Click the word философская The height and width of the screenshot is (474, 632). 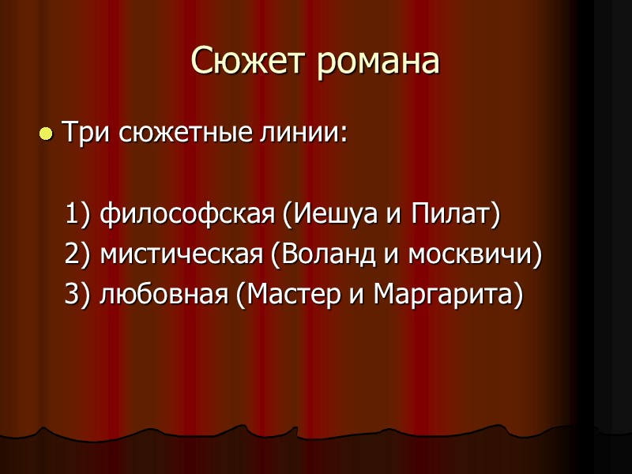click(x=186, y=213)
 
